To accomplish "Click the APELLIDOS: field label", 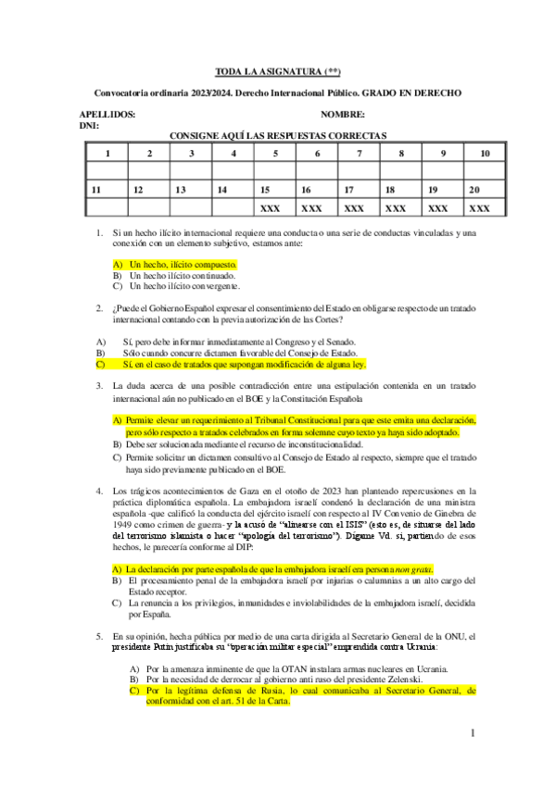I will (x=107, y=115).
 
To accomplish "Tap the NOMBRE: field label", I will (x=342, y=115).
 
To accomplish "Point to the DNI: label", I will (x=89, y=125).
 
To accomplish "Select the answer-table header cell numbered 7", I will (x=358, y=153).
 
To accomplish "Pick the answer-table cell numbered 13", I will (x=190, y=190).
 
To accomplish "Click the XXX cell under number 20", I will (x=480, y=208).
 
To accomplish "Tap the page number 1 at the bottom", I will (x=473, y=734).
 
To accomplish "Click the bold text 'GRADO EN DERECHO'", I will (x=411, y=93).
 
